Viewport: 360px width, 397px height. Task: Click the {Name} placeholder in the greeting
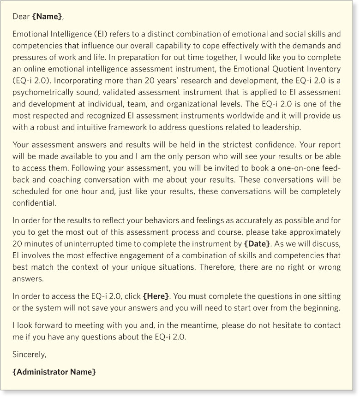[47, 17]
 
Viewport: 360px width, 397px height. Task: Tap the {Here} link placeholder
[156, 296]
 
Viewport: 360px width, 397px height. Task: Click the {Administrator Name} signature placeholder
[54, 372]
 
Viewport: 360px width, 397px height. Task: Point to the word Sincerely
[30, 355]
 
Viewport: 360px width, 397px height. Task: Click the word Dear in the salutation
[21, 17]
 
